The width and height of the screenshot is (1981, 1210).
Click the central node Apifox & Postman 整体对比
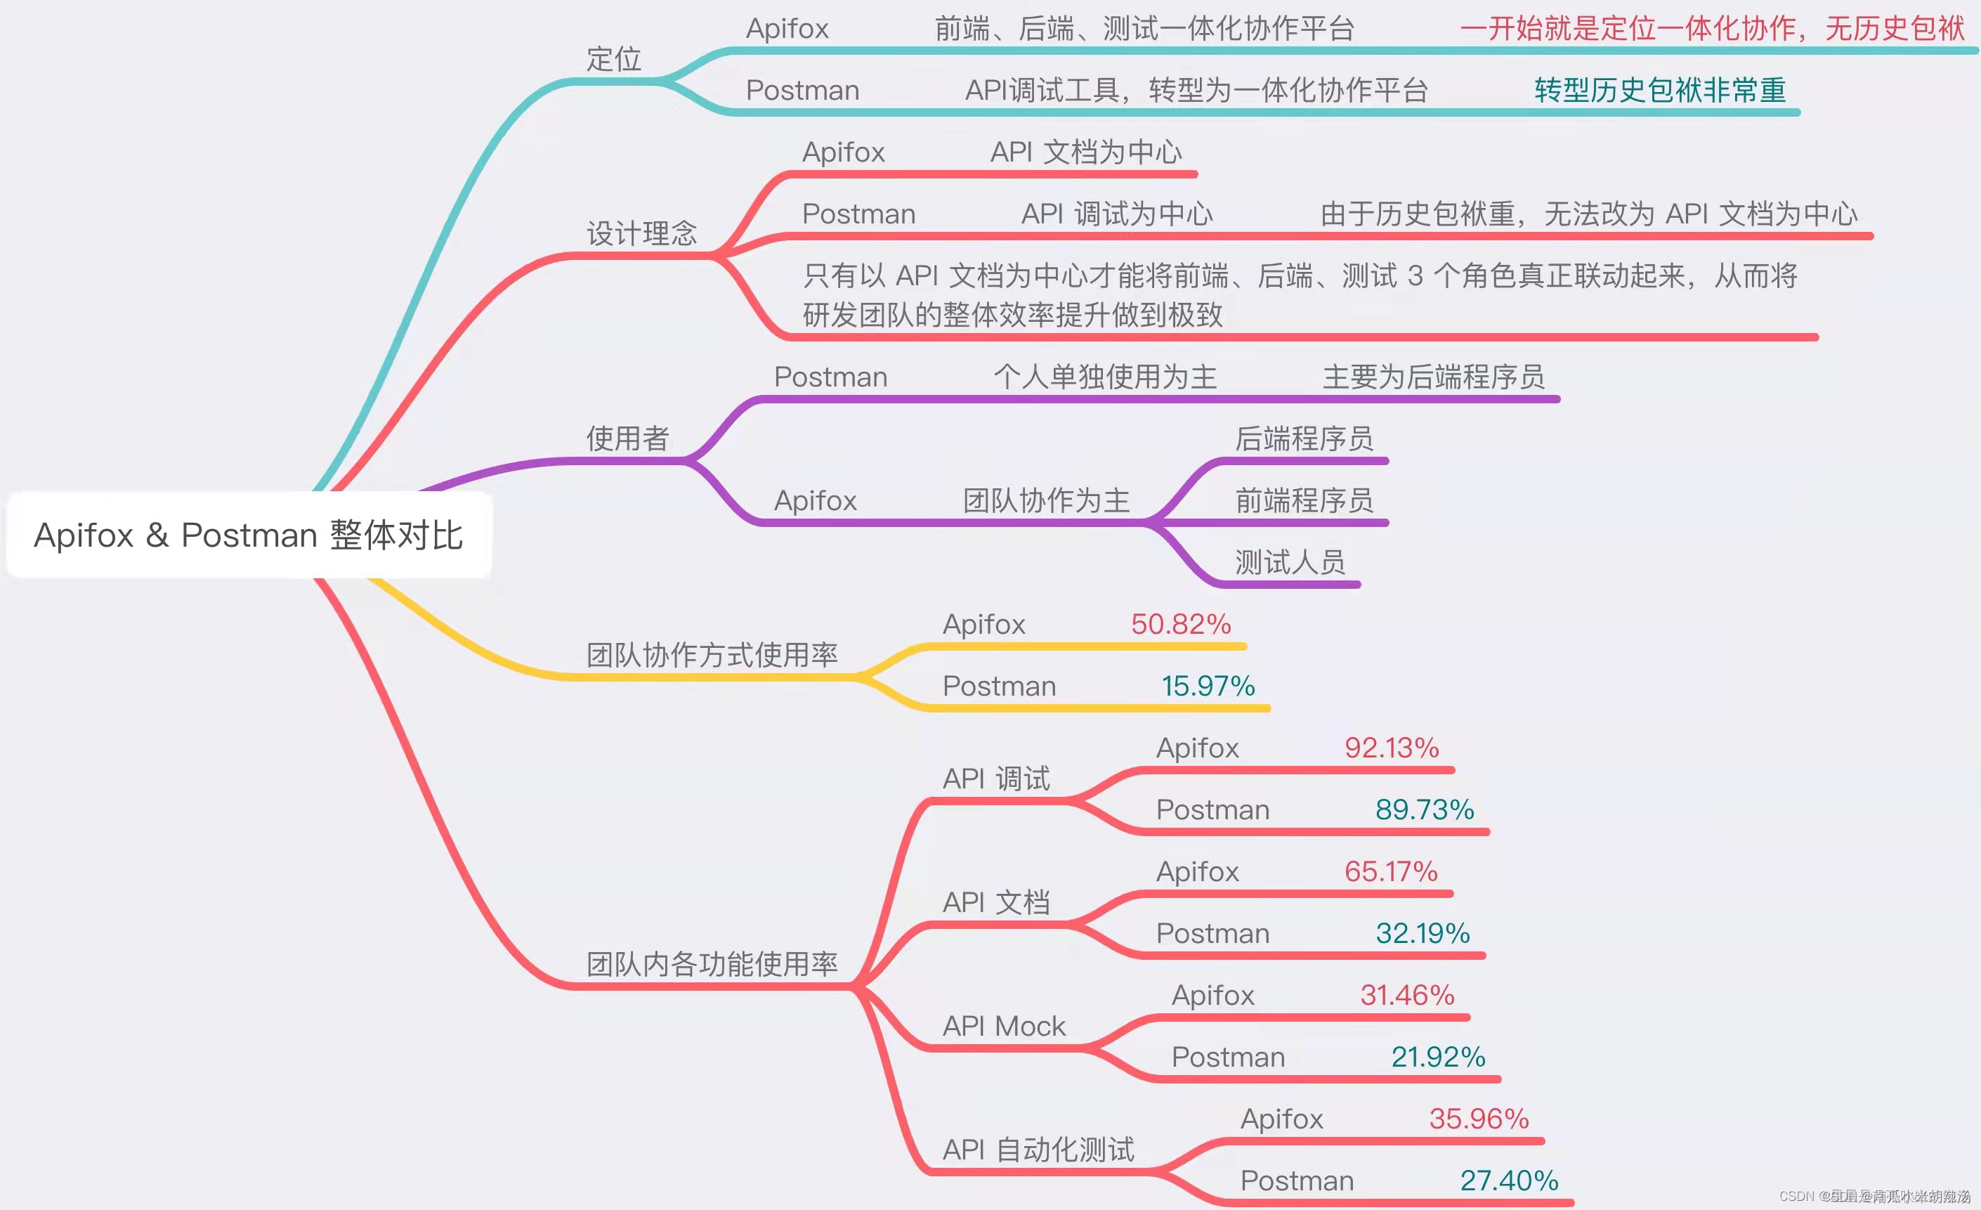pyautogui.click(x=249, y=535)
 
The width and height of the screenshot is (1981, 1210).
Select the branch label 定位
pyautogui.click(x=613, y=59)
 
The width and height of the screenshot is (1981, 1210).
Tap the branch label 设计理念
pyautogui.click(x=641, y=233)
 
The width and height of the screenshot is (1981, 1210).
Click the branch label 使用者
pyautogui.click(x=627, y=438)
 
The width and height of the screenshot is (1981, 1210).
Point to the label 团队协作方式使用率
pyautogui.click(x=712, y=654)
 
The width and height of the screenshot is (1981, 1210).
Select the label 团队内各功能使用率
pyautogui.click(x=712, y=963)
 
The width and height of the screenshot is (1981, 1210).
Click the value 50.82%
pyautogui.click(x=1180, y=624)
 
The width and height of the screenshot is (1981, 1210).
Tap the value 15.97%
pyautogui.click(x=1208, y=686)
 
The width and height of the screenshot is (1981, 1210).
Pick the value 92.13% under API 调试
pyautogui.click(x=1391, y=748)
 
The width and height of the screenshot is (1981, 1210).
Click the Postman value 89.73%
pyautogui.click(x=1424, y=809)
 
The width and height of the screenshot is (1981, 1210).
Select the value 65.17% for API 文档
pyautogui.click(x=1391, y=871)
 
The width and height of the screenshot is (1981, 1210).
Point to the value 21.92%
pyautogui.click(x=1437, y=1056)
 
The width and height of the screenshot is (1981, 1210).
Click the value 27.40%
pyautogui.click(x=1508, y=1180)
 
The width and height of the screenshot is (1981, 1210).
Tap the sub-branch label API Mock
pyautogui.click(x=1003, y=1026)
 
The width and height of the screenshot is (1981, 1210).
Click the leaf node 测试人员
pyautogui.click(x=1290, y=562)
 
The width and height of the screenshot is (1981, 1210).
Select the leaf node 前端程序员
pyautogui.click(x=1304, y=500)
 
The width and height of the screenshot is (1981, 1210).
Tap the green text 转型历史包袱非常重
pyautogui.click(x=1659, y=90)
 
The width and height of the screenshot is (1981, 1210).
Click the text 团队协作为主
pyautogui.click(x=1046, y=500)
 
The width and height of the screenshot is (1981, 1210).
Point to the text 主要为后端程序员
pyautogui.click(x=1432, y=376)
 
